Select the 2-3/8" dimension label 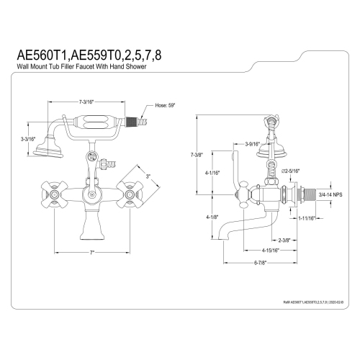point(264,240)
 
